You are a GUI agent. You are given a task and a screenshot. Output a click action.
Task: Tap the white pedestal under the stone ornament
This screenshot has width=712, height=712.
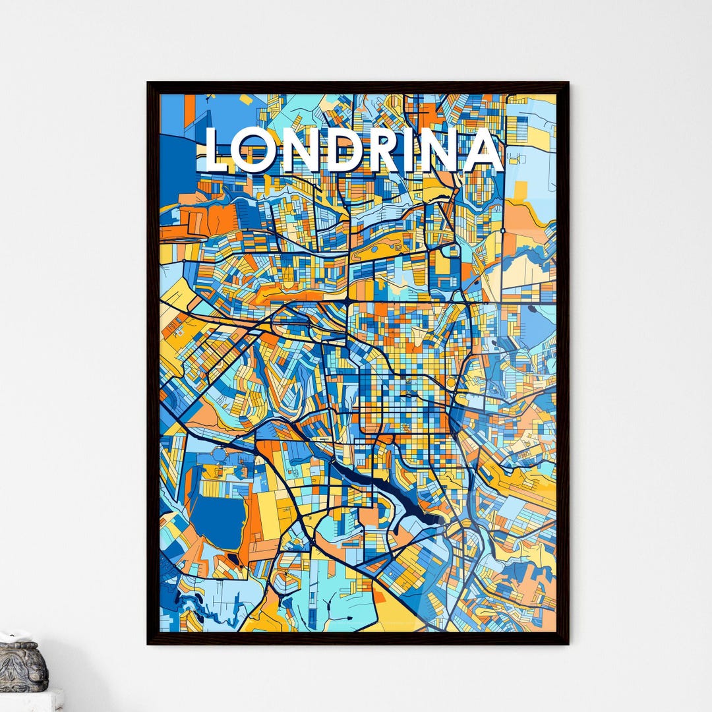[x=30, y=700]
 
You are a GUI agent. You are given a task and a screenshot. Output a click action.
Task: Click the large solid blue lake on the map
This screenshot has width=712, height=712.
[x=218, y=521]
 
